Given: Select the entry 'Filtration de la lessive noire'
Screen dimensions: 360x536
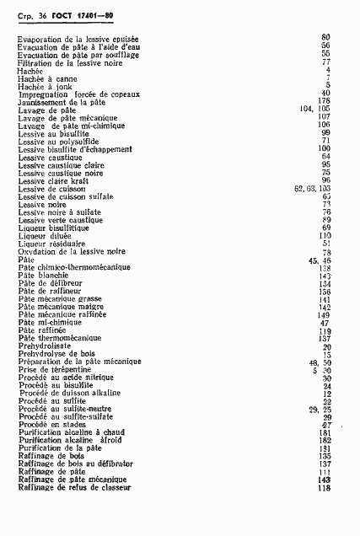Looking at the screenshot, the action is coord(64,62).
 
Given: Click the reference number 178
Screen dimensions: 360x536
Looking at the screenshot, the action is coord(324,101).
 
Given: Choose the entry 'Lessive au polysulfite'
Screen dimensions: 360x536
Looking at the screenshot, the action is coord(53,141).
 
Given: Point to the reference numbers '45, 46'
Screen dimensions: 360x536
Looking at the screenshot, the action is coord(318,260).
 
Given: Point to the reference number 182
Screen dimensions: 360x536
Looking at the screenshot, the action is coord(324,440).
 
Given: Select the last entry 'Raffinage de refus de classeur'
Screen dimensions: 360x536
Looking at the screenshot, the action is coord(72,487).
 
